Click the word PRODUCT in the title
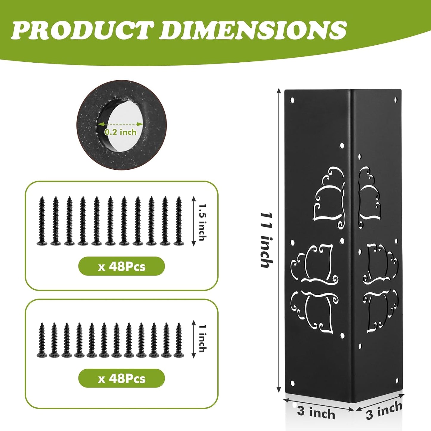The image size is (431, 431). pyautogui.click(x=82, y=30)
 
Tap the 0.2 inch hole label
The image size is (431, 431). pyautogui.click(x=120, y=132)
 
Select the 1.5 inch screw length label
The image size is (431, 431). pyautogui.click(x=202, y=221)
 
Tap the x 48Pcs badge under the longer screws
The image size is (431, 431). pyautogui.click(x=121, y=266)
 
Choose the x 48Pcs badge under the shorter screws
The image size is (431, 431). pyautogui.click(x=121, y=379)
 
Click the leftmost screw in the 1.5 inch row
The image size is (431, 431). pyautogui.click(x=42, y=221)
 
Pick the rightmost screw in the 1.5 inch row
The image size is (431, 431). pyautogui.click(x=179, y=221)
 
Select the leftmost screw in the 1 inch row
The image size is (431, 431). pyautogui.click(x=42, y=340)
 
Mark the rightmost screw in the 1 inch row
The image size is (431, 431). pyautogui.click(x=179, y=340)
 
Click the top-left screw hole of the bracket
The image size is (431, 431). pyautogui.click(x=292, y=100)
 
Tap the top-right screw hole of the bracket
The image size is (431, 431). pyautogui.click(x=396, y=100)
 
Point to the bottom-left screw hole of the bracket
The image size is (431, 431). pyautogui.click(x=292, y=383)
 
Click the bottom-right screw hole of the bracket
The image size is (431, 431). pyautogui.click(x=397, y=380)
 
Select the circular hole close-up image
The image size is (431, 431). pyautogui.click(x=121, y=125)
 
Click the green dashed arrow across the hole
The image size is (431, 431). pyautogui.click(x=120, y=124)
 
